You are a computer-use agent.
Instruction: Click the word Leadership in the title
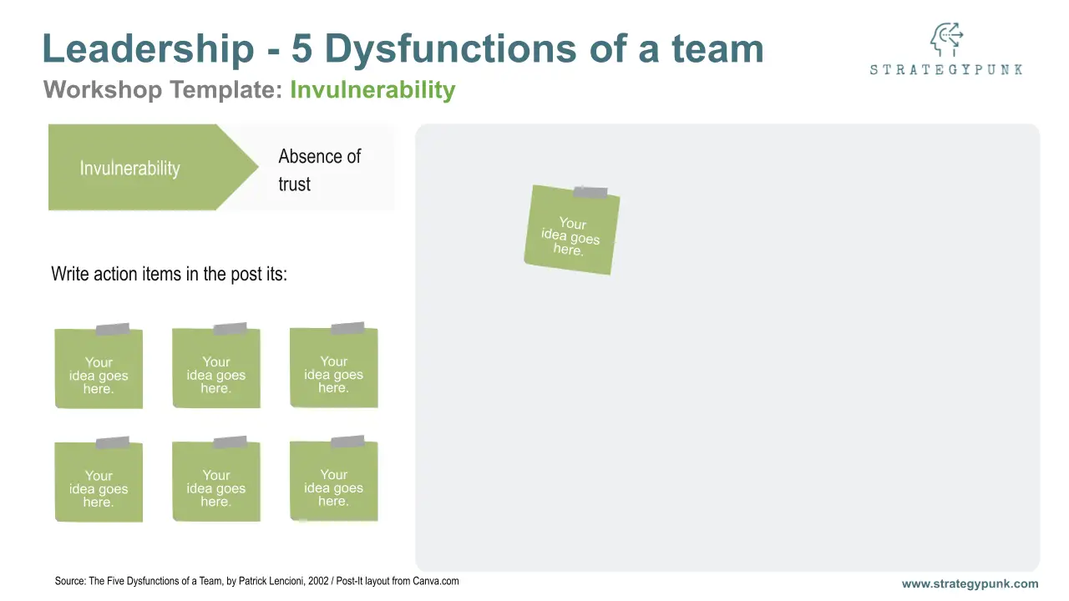coord(148,48)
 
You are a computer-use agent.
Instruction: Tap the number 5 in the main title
coord(301,48)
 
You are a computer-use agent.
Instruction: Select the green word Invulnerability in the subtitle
coord(372,89)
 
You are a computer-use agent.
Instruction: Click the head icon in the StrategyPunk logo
coord(946,39)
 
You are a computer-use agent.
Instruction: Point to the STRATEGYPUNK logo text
coord(946,69)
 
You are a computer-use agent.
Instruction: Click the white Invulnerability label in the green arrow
coord(129,169)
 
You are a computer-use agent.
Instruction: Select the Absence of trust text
coord(319,170)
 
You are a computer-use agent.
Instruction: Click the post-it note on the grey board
coord(572,230)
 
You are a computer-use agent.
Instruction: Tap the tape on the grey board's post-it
coord(590,192)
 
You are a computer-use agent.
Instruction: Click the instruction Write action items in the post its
coord(169,275)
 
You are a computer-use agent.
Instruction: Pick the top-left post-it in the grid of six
coord(99,366)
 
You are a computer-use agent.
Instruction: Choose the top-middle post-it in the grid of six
coord(216,366)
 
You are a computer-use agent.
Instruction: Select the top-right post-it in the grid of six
coord(333,366)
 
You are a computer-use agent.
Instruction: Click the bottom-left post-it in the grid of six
coord(99,479)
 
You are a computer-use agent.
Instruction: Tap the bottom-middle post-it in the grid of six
coord(216,479)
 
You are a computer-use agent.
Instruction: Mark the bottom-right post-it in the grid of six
coord(333,478)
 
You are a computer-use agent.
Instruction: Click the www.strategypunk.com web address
coord(970,583)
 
